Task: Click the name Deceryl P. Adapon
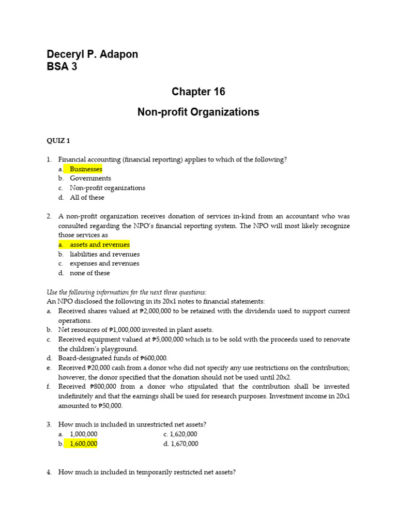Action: [93, 54]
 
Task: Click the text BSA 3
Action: [62, 67]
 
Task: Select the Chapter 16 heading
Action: [198, 92]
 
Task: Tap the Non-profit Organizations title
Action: [198, 112]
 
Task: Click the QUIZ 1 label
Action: [58, 141]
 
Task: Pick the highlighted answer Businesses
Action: [86, 169]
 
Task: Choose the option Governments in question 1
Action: [90, 179]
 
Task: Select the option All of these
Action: [87, 197]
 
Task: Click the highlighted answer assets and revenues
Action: [100, 245]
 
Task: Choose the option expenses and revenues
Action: [104, 263]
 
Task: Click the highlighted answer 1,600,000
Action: [83, 444]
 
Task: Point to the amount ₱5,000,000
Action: [170, 340]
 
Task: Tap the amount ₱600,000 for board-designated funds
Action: [154, 358]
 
